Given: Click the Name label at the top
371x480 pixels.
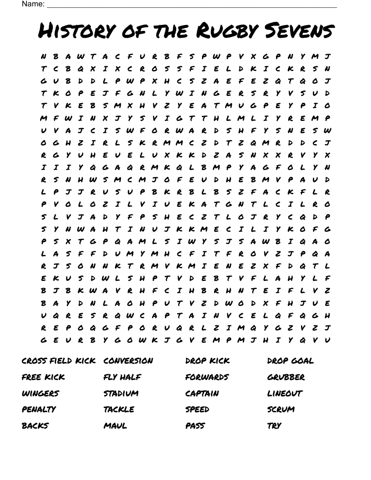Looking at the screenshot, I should point(33,4).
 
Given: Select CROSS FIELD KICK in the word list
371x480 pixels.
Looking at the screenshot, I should point(59,361).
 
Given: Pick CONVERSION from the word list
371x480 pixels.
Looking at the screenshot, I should point(128,361).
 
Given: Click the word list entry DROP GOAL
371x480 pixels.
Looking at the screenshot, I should point(290,361).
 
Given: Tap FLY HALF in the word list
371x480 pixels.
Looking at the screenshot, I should point(122,377).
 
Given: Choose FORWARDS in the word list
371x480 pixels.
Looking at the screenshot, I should point(207,377).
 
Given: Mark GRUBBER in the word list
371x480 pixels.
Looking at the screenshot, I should point(286,377).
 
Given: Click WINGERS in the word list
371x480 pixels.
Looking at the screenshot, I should point(40,394).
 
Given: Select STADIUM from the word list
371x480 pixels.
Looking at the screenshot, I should point(121,394).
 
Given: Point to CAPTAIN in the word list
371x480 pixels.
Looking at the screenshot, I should point(202,394).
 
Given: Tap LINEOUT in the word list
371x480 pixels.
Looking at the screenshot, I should point(285,394).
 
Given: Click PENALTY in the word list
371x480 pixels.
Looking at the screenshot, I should point(39,410).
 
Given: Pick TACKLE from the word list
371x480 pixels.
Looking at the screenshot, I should point(119,410).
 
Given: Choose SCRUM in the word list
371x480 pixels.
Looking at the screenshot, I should point(281,410).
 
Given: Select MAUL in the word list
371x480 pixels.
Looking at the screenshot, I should point(115,426).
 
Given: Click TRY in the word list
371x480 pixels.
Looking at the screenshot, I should point(274,426).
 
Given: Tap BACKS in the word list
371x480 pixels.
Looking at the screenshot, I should point(35,426).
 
